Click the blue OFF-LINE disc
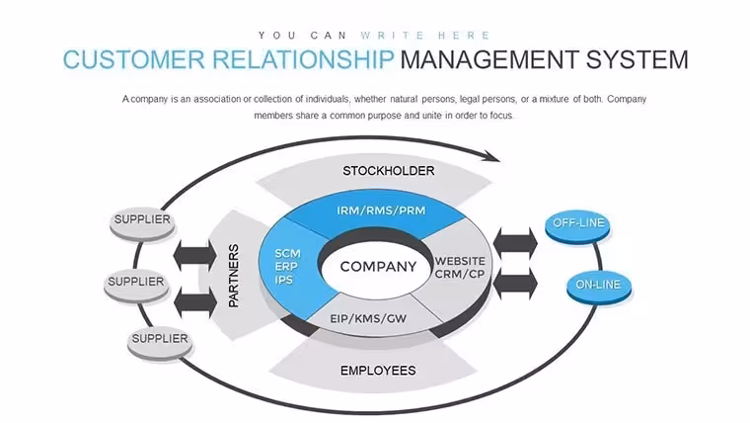[x=578, y=226]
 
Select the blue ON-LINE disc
[x=599, y=288]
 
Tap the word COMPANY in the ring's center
[x=378, y=266]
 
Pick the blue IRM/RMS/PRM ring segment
[x=378, y=214]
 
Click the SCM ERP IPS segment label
[x=287, y=266]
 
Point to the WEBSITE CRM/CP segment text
[x=460, y=267]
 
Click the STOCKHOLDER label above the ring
[x=389, y=171]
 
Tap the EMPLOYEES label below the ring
[x=378, y=371]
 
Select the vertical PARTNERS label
[x=234, y=276]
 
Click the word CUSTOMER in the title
[x=134, y=60]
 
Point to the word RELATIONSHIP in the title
[x=303, y=60]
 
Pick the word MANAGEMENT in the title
[x=489, y=60]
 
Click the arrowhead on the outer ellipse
[x=491, y=156]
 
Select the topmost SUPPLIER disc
[x=142, y=223]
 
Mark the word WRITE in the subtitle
[x=393, y=36]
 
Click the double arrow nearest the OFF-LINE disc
[x=515, y=243]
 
